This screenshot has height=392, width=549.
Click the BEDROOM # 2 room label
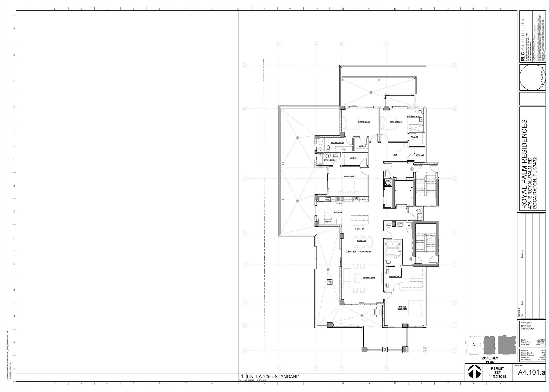click(x=364, y=122)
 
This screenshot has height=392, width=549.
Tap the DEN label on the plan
click(x=395, y=154)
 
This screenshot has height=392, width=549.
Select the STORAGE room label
click(x=420, y=156)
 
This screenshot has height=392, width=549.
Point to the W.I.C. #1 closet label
click(x=353, y=158)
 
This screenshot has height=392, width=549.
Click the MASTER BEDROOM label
click(x=402, y=308)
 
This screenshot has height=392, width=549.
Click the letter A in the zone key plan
click(x=473, y=345)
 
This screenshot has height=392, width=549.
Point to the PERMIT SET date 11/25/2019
click(x=497, y=377)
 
